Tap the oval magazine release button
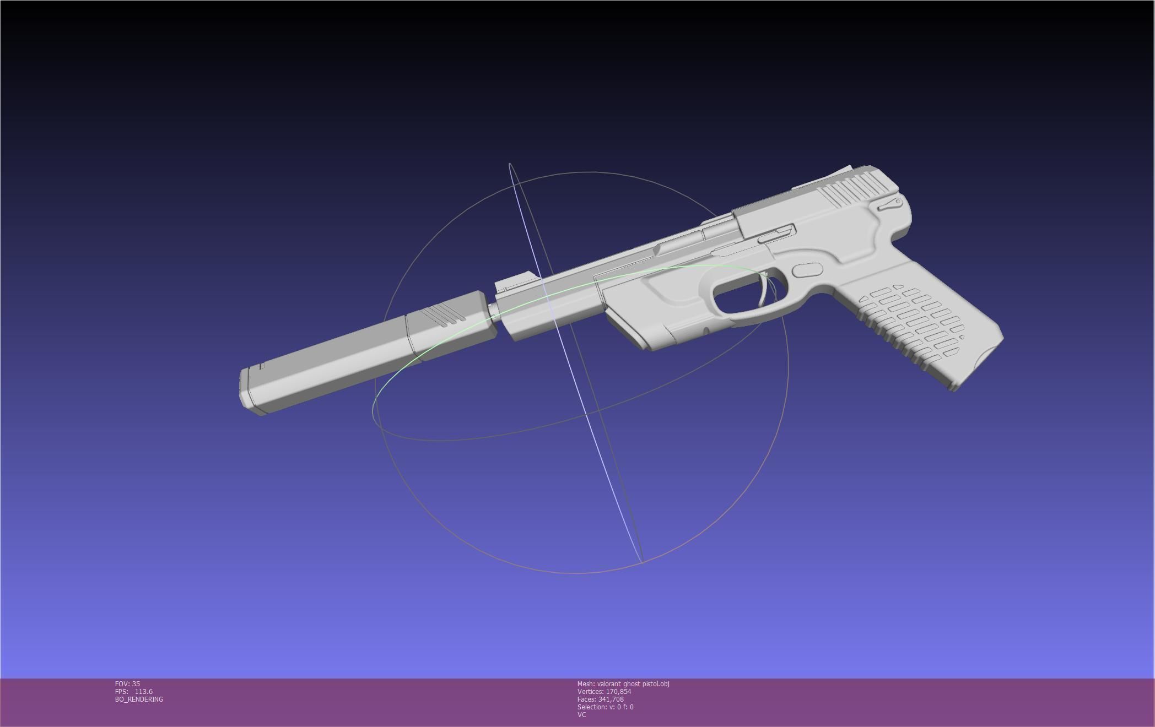[x=807, y=270]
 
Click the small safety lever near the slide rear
[x=888, y=204]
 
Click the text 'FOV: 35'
[x=127, y=684]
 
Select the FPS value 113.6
[x=143, y=692]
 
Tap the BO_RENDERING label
[x=139, y=699]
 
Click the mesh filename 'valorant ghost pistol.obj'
[x=633, y=684]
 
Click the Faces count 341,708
[x=611, y=699]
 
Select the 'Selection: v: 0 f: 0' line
[x=605, y=707]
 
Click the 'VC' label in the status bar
[x=581, y=715]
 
